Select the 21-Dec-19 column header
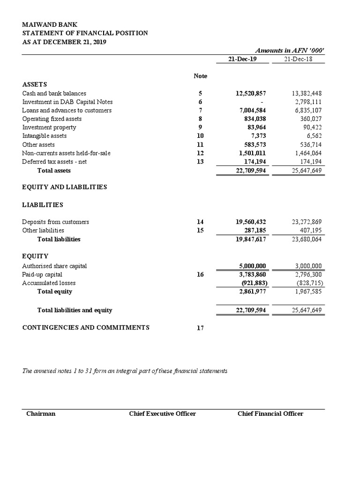[236, 59]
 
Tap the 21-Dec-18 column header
[299, 59]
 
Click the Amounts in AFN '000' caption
[289, 50]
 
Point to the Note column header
[200, 75]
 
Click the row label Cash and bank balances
[54, 93]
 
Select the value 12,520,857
[251, 93]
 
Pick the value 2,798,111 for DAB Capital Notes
[306, 102]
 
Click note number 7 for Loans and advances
[200, 110]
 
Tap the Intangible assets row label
[44, 135]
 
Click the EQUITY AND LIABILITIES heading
[64, 187]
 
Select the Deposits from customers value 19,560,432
[251, 222]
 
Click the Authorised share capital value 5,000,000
[253, 266]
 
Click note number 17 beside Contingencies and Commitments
[200, 328]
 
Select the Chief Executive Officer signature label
[162, 413]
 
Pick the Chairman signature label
[41, 413]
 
